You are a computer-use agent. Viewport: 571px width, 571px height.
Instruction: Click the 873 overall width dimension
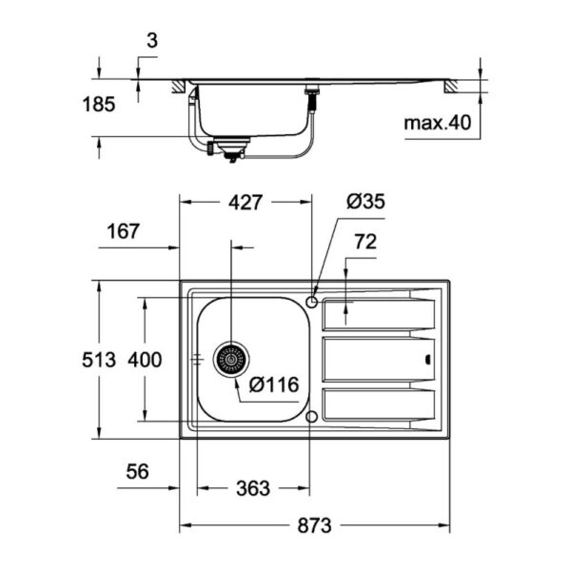pos(314,525)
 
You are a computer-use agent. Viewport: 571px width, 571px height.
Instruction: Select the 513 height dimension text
pos(99,360)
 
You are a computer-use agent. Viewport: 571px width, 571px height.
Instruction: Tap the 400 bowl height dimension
pos(145,360)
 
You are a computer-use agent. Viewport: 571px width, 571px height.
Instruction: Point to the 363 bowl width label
pos(253,488)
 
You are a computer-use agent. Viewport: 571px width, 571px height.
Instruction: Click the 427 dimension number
pos(246,203)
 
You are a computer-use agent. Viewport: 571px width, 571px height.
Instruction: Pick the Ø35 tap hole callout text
pos(365,202)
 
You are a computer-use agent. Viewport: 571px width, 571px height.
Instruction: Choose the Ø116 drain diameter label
pos(274,384)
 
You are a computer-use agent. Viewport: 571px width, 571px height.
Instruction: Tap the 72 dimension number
pos(365,242)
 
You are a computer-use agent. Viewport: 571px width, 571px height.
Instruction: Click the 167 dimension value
pos(123,231)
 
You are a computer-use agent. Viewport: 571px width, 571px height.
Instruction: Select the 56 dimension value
pos(137,472)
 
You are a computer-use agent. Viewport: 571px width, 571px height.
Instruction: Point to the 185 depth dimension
pos(99,105)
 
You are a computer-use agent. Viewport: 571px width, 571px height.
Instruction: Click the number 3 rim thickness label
pos(152,41)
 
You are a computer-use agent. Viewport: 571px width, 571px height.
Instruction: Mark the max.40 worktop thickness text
pos(438,123)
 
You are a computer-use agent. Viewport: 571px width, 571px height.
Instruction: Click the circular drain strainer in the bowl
pos(231,360)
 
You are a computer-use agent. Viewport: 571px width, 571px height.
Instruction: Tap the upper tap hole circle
pos(312,302)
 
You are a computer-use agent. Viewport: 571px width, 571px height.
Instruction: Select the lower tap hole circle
pos(312,417)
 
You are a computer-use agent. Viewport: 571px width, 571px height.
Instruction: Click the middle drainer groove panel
pos(379,360)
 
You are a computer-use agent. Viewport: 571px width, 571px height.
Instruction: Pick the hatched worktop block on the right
pos(451,87)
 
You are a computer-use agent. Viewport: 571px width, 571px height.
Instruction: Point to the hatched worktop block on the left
pos(179,87)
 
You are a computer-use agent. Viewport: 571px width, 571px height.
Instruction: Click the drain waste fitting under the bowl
pos(230,148)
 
